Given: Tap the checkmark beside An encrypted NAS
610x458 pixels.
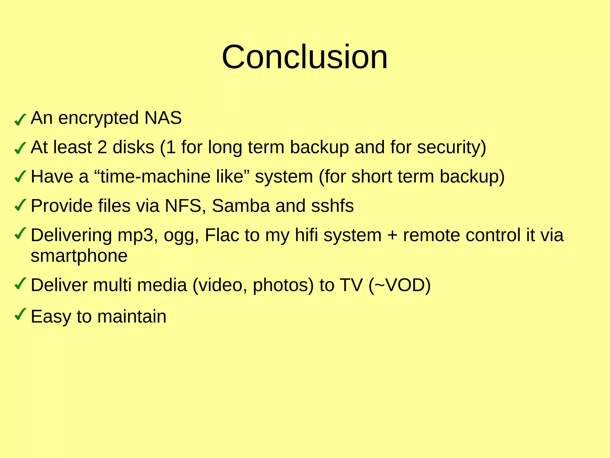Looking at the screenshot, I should pyautogui.click(x=20, y=120).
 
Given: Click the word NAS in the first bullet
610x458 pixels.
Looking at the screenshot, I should pyautogui.click(x=163, y=118).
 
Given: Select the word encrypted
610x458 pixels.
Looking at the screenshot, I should pyautogui.click(x=99, y=118).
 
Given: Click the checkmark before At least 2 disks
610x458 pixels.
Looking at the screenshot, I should pyautogui.click(x=20, y=148).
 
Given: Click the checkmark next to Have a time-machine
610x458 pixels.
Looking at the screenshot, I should pyautogui.click(x=20, y=177).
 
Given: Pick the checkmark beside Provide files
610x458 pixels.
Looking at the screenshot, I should pyautogui.click(x=20, y=205).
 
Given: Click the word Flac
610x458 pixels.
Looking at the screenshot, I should pyautogui.click(x=222, y=235).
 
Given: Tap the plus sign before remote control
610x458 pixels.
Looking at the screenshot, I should pyautogui.click(x=392, y=236).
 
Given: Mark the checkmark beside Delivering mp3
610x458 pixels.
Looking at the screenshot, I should pyautogui.click(x=20, y=233).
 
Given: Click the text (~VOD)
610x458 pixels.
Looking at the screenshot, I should pyautogui.click(x=399, y=285).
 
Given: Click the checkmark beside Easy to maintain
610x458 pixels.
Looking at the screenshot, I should pyautogui.click(x=20, y=314).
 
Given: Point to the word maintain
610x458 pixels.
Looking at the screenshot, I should pyautogui.click(x=132, y=316).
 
